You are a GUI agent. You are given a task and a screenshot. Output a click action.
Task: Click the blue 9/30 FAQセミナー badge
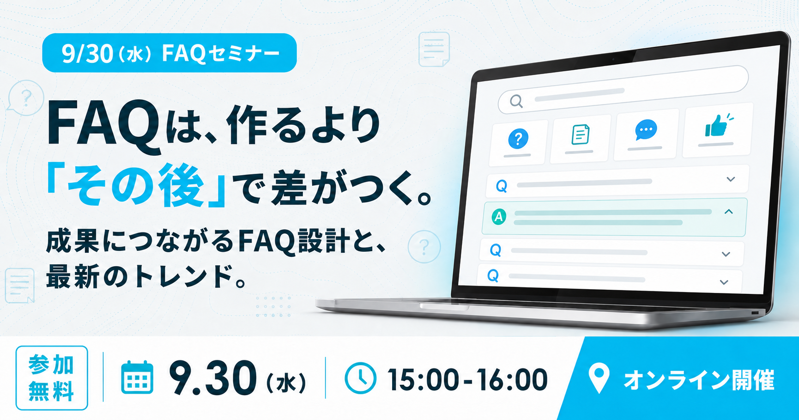[169, 53]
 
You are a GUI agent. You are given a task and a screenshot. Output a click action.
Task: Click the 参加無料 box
[52, 378]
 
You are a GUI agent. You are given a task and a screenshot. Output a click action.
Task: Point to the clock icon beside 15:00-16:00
[360, 378]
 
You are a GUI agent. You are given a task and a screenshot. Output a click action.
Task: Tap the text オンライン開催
[699, 380]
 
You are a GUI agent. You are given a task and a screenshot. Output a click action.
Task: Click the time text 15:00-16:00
[467, 380]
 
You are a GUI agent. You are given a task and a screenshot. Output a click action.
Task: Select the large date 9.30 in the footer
[212, 378]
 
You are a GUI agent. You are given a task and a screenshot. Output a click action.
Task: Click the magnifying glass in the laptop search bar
[516, 101]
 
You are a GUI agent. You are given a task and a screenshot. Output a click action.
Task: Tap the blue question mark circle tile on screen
[518, 138]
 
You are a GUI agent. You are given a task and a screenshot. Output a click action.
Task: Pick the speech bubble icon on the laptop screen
[646, 130]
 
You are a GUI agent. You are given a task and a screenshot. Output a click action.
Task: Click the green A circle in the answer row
[498, 216]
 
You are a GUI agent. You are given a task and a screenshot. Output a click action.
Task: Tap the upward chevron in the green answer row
[729, 212]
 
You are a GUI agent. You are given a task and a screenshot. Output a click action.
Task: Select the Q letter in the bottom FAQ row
[493, 276]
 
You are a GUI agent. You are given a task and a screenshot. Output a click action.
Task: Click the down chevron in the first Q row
[731, 179]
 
